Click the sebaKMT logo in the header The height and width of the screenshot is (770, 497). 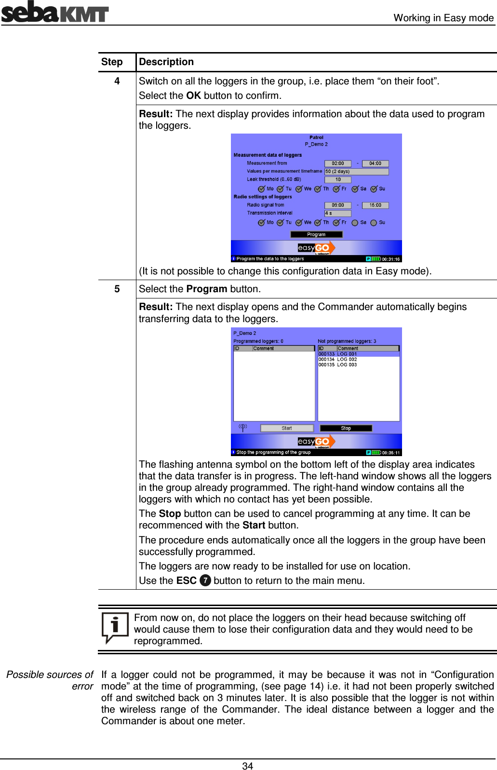coord(54,12)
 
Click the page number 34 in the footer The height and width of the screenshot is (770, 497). coord(247,766)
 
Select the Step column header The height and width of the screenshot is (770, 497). coord(112,62)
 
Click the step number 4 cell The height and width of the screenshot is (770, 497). coord(117,81)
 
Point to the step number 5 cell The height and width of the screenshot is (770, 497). coord(117,289)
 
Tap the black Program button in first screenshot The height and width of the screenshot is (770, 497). coord(316,234)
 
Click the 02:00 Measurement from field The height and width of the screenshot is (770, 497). coord(337,163)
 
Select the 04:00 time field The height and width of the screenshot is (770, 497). coord(375,163)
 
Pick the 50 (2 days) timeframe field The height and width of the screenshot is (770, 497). coord(356,172)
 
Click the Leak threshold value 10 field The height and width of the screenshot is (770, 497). coord(337,179)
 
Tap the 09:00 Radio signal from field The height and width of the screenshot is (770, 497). coord(337,205)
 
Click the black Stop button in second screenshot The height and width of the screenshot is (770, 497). coord(346,428)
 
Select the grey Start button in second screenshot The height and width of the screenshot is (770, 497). coord(287,428)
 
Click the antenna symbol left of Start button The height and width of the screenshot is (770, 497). coord(243,427)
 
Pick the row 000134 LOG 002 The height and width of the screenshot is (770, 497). coord(337,359)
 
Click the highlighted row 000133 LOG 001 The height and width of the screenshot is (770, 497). coord(337,354)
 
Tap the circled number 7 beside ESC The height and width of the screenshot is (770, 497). coord(205,581)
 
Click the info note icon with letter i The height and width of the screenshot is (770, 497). coord(115,627)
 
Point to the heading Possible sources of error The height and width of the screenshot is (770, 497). coord(50,680)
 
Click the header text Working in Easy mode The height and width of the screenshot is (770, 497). coord(443,18)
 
